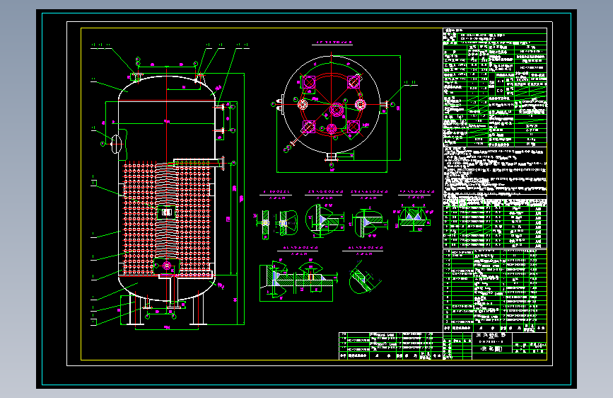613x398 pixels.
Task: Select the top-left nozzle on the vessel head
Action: pyautogui.click(x=136, y=75)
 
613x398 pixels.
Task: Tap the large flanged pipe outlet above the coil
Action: pyautogui.click(x=222, y=164)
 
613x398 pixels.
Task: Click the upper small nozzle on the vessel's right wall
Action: pyautogui.click(x=224, y=106)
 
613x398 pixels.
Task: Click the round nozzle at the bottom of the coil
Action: pyautogui.click(x=168, y=266)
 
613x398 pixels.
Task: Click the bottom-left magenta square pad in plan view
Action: pyautogui.click(x=309, y=126)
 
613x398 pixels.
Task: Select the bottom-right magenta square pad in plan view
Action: pyautogui.click(x=352, y=126)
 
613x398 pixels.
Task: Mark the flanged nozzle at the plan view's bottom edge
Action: pyautogui.click(x=331, y=157)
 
